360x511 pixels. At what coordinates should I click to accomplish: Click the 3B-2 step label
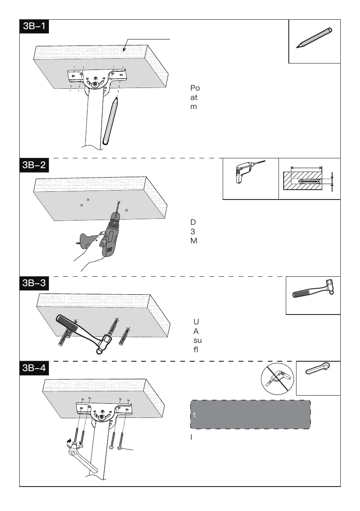[35, 165]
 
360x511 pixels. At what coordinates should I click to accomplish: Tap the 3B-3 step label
[35, 284]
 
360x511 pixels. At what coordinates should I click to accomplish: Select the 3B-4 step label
[35, 369]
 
